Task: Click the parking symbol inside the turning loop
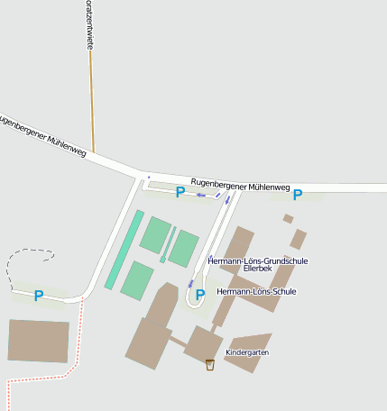pos(200,294)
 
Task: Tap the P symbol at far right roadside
pos(297,194)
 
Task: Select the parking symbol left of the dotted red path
pos(38,295)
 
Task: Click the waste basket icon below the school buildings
pos(210,364)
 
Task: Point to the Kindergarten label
pos(247,352)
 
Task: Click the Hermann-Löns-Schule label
pos(256,291)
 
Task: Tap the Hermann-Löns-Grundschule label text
pos(257,260)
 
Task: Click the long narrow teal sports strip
pos(124,250)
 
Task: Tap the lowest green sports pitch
pos(137,280)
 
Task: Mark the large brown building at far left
pos(39,341)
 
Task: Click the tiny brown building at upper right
pos(288,218)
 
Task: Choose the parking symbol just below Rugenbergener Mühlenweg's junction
pos(180,191)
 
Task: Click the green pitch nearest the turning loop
pos(184,248)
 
